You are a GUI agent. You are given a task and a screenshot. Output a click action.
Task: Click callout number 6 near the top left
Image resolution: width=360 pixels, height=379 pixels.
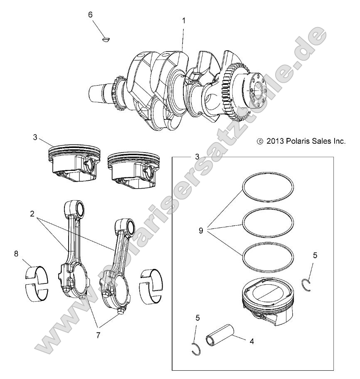(90, 15)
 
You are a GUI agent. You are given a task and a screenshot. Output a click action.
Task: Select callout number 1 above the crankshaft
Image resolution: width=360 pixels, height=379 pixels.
(184, 20)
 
